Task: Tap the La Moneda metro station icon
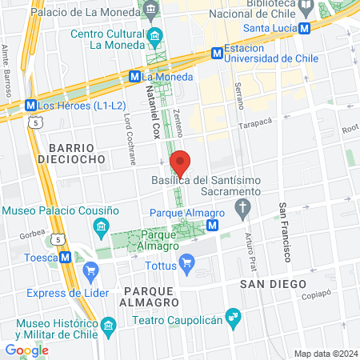click(x=134, y=76)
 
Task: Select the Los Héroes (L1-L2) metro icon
click(x=30, y=105)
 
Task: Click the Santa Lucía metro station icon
click(x=305, y=28)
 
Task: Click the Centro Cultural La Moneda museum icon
click(x=156, y=35)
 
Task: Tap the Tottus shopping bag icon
click(x=186, y=261)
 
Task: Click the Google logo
click(x=26, y=350)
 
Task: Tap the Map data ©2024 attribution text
click(x=324, y=354)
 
